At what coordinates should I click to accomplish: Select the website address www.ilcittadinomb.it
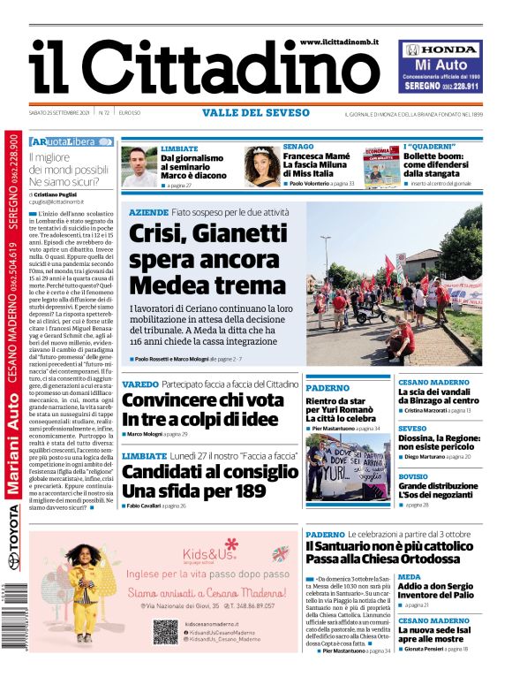point(339,42)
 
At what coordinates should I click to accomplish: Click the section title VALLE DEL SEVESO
point(256,113)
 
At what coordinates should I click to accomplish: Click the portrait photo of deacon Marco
point(139,166)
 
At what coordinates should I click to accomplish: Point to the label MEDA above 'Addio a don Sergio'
point(409,576)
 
